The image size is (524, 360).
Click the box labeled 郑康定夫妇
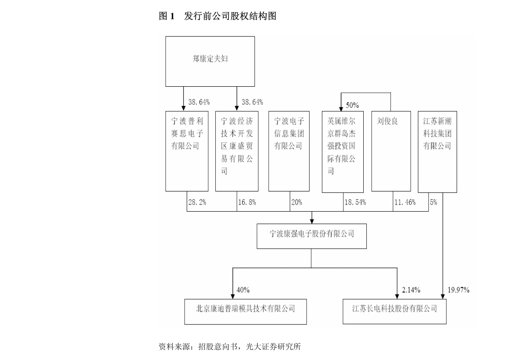(210, 61)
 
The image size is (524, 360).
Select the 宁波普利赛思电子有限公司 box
(187, 151)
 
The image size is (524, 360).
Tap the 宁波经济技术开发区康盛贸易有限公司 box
(237, 151)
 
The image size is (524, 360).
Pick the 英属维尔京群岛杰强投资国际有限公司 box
(343, 151)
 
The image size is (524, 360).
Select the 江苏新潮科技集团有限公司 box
(437, 151)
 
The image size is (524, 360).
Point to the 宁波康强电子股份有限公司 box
(312, 236)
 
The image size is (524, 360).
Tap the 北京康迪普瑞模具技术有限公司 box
(245, 312)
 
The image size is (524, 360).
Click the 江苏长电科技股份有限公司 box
(394, 312)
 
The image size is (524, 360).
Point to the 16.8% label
(247, 203)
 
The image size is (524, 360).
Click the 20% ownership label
(296, 203)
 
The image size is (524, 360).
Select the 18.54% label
(355, 203)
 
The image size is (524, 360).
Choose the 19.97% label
(459, 290)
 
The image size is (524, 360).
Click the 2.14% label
(411, 290)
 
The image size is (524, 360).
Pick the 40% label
(243, 290)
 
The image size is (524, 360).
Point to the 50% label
(352, 106)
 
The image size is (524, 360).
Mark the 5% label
(433, 203)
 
